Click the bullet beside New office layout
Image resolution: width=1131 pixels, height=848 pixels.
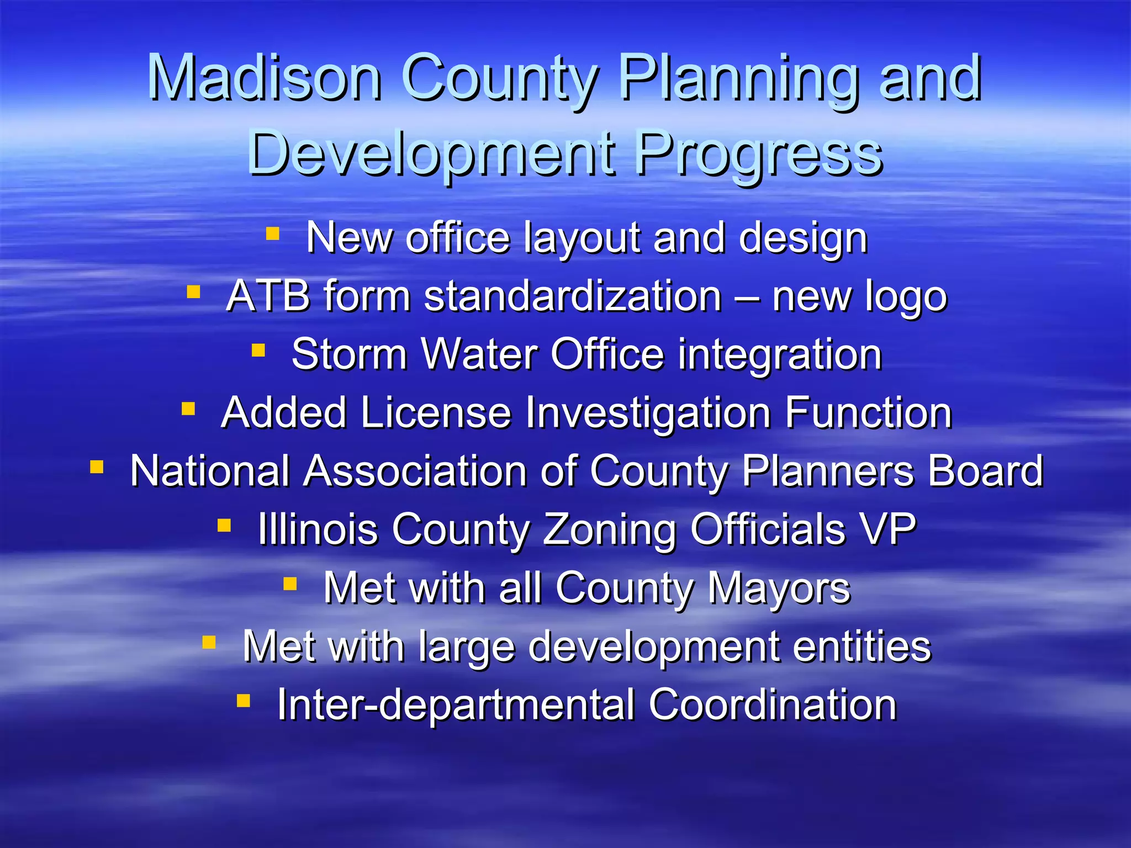pos(272,234)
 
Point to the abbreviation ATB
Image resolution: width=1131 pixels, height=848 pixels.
pos(268,296)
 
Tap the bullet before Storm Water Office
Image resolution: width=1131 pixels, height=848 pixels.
pos(258,350)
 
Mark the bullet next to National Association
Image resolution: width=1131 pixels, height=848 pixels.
pos(97,468)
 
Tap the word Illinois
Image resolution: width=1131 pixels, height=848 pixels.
pos(318,529)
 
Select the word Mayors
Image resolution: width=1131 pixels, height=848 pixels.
pos(779,588)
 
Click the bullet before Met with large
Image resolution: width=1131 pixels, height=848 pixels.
pos(209,642)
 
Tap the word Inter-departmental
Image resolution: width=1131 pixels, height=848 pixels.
pos(456,705)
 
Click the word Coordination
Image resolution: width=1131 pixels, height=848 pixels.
pos(773,705)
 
